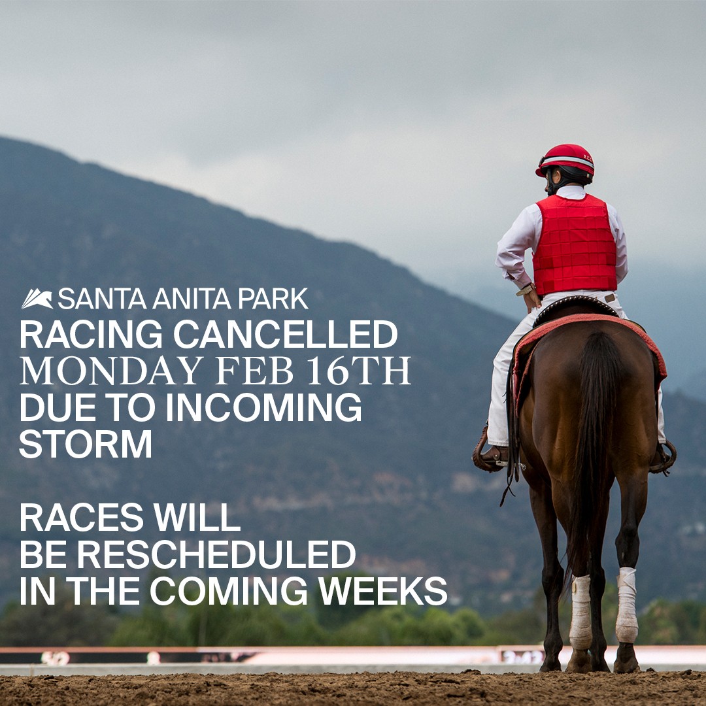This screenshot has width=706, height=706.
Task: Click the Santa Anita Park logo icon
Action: point(37,299)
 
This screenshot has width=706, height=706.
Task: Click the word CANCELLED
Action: point(285,335)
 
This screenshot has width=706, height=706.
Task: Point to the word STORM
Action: point(86,444)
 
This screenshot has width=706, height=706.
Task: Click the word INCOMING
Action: point(263,407)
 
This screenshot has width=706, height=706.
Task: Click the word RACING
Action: point(91,335)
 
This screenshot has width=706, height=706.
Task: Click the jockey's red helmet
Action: point(565,160)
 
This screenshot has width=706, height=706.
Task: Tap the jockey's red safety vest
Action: point(575,245)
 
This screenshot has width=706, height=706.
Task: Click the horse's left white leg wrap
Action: point(580,611)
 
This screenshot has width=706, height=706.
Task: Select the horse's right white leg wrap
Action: point(626,605)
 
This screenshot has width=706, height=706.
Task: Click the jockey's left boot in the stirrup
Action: point(492,456)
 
